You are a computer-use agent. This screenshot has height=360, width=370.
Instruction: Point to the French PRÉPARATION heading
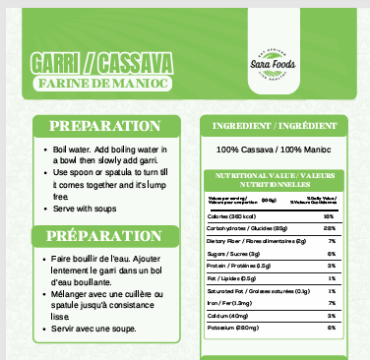pos(105,236)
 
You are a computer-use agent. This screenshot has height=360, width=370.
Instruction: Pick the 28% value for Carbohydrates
pos(331,228)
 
